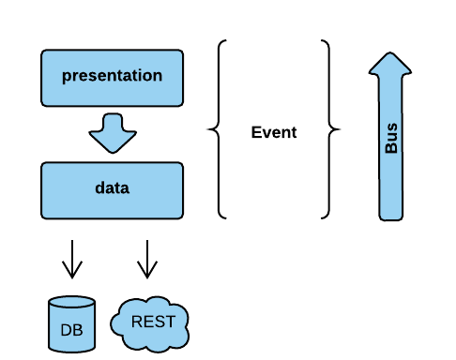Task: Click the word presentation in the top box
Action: click(112, 75)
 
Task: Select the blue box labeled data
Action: click(112, 187)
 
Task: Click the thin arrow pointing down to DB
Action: click(71, 258)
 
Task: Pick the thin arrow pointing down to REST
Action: click(145, 258)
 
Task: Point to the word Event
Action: click(273, 132)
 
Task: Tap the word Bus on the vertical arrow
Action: click(391, 141)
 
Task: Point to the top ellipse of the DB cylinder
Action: click(71, 304)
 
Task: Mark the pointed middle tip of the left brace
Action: click(209, 130)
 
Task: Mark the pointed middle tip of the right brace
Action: click(339, 130)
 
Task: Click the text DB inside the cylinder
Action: click(71, 330)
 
